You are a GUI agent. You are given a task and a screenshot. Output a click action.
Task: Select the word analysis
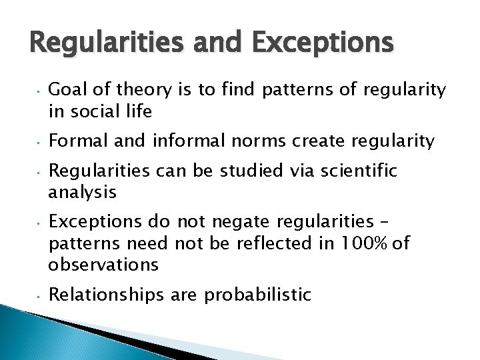tap(82, 193)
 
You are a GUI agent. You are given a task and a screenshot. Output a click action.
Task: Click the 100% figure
tap(369, 243)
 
